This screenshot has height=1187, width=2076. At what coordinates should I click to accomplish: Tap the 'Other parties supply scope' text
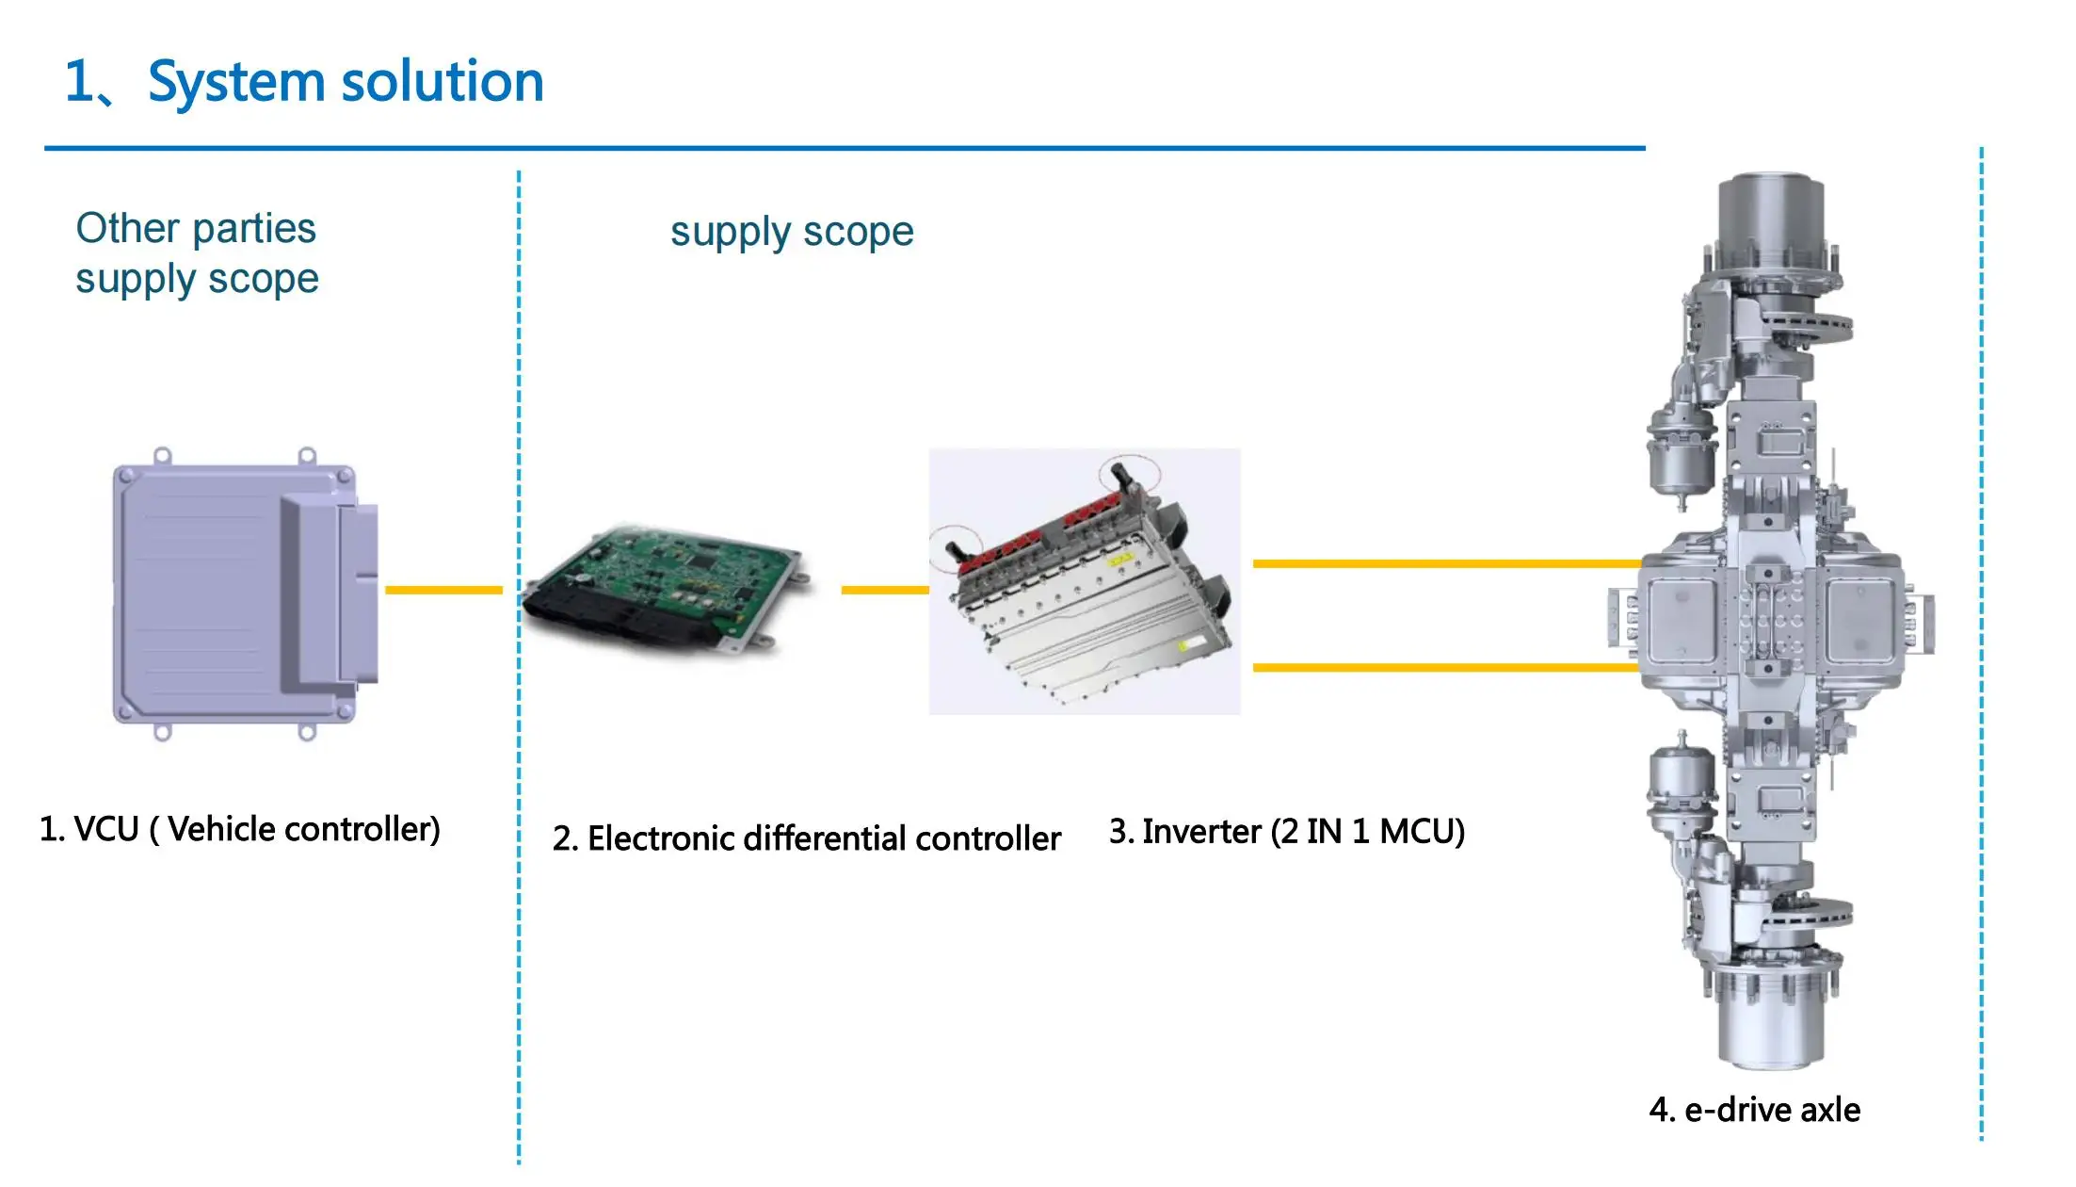click(196, 253)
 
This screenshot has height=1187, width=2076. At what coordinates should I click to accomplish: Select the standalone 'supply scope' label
click(791, 232)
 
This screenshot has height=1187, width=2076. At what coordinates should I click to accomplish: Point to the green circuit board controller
click(668, 589)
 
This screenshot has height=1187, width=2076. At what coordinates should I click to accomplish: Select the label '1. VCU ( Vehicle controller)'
click(239, 830)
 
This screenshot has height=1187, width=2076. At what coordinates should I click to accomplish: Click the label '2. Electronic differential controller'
click(806, 838)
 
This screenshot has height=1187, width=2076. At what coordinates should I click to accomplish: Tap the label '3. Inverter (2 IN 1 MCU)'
click(1286, 832)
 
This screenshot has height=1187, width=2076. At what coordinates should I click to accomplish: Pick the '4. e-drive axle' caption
click(1754, 1110)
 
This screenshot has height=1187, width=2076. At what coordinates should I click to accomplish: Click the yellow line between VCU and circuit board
click(443, 590)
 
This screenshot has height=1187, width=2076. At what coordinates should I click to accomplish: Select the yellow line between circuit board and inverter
click(883, 590)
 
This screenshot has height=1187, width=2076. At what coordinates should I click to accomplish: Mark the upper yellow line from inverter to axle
click(1445, 563)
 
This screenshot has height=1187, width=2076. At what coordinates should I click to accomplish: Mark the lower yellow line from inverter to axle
click(1445, 667)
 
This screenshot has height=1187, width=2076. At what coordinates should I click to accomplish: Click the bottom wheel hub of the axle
click(1770, 1022)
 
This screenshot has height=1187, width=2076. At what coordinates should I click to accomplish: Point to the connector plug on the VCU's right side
click(358, 593)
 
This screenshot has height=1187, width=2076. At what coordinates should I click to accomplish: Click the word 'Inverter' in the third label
click(1200, 832)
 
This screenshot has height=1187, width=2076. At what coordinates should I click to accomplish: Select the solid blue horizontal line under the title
click(844, 148)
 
